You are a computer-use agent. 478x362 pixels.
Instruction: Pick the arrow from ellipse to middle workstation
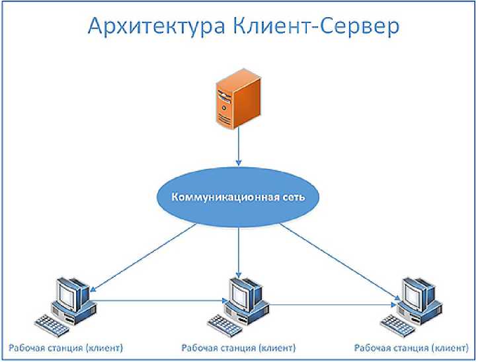pyautogui.click(x=238, y=252)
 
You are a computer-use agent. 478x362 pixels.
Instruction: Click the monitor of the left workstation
pyautogui.click(x=71, y=291)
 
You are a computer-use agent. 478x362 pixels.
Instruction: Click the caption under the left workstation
pyautogui.click(x=66, y=347)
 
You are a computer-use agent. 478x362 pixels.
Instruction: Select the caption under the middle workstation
pyautogui.click(x=239, y=347)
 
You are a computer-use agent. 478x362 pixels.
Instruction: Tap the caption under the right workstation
pyautogui.click(x=413, y=347)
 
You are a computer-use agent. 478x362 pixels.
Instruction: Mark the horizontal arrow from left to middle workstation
pyautogui.click(x=159, y=301)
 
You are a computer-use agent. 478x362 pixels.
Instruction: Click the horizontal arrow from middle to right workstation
pyautogui.click(x=331, y=304)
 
